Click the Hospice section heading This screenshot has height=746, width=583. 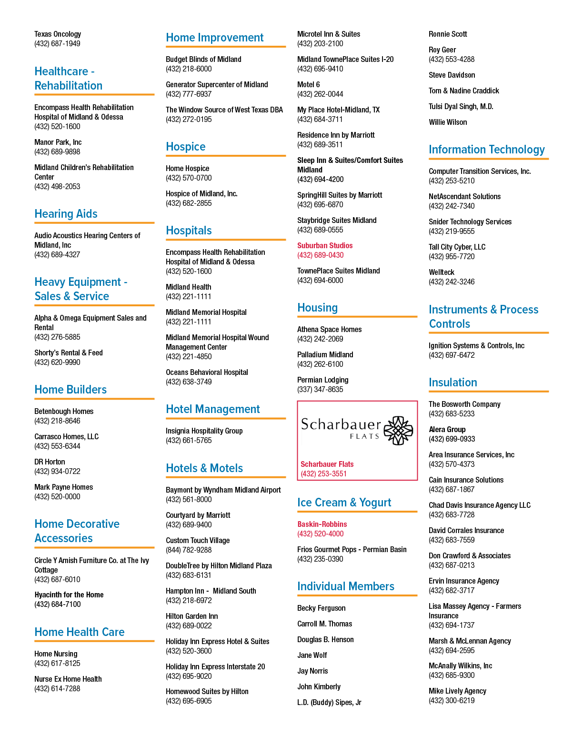click(186, 147)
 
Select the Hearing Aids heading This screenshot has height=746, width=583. click(66, 214)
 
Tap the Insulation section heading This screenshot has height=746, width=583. click(452, 383)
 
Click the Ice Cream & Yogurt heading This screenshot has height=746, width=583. click(344, 503)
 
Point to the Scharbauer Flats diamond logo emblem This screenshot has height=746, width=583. click(398, 431)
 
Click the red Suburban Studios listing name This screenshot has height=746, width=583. click(325, 245)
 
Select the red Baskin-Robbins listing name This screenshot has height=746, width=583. click(322, 524)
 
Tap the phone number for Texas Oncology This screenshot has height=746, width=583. click(57, 44)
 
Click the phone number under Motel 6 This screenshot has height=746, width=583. click(320, 94)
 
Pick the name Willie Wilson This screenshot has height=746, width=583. click(448, 122)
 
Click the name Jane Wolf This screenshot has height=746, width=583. click(312, 655)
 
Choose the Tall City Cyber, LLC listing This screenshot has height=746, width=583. click(457, 247)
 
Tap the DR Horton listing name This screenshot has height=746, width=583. click(50, 462)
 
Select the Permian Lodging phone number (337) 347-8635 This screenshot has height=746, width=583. click(320, 389)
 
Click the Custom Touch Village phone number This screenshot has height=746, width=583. click(189, 550)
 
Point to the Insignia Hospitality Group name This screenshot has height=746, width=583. click(204, 431)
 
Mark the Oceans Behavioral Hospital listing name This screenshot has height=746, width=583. click(207, 373)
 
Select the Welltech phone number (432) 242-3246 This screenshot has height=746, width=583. click(452, 282)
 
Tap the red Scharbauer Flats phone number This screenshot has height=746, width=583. click(323, 474)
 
